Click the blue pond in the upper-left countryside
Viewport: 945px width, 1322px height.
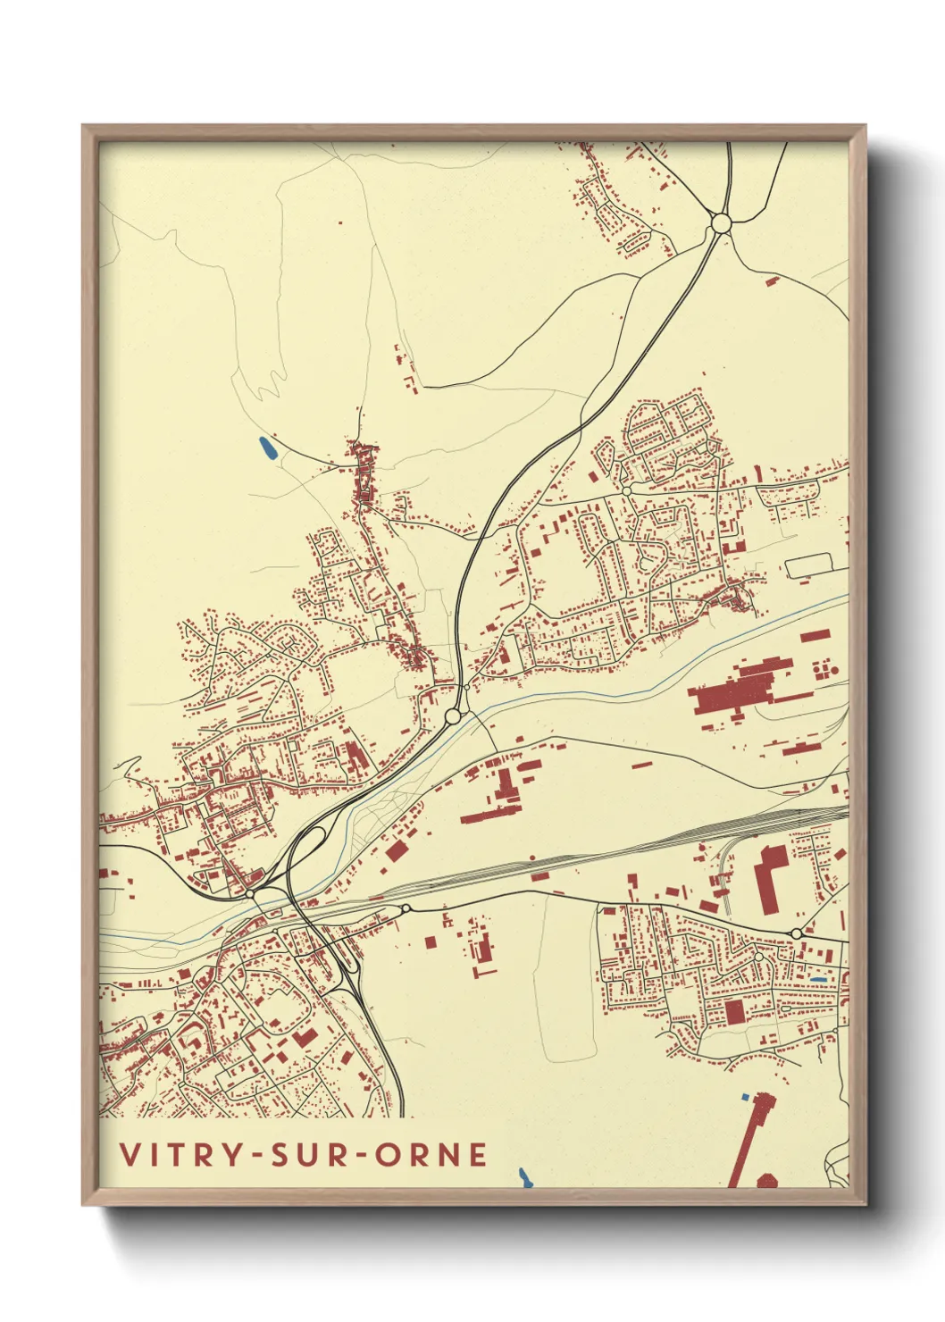point(267,449)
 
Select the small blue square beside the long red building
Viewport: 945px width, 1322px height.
point(746,1095)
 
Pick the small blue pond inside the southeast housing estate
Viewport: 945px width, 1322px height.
point(816,981)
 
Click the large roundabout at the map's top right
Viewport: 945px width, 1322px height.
point(721,222)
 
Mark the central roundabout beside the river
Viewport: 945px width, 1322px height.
point(453,715)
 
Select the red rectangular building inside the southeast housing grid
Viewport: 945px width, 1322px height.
point(734,1011)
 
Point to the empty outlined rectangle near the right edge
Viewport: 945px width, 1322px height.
point(808,565)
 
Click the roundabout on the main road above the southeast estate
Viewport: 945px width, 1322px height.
point(796,933)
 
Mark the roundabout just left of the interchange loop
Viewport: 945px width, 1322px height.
point(251,892)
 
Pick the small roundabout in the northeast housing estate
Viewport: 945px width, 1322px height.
point(627,490)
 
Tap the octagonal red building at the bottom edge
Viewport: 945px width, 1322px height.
point(766,1181)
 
